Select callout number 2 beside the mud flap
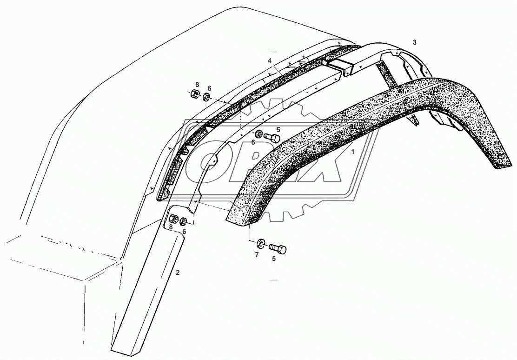point(177,272)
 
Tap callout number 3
point(414,42)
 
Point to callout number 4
point(269,61)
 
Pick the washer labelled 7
point(260,243)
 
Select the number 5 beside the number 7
point(273,259)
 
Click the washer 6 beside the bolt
point(258,134)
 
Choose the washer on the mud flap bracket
point(185,221)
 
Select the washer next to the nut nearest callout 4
point(206,97)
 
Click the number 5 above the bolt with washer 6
point(278,130)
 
